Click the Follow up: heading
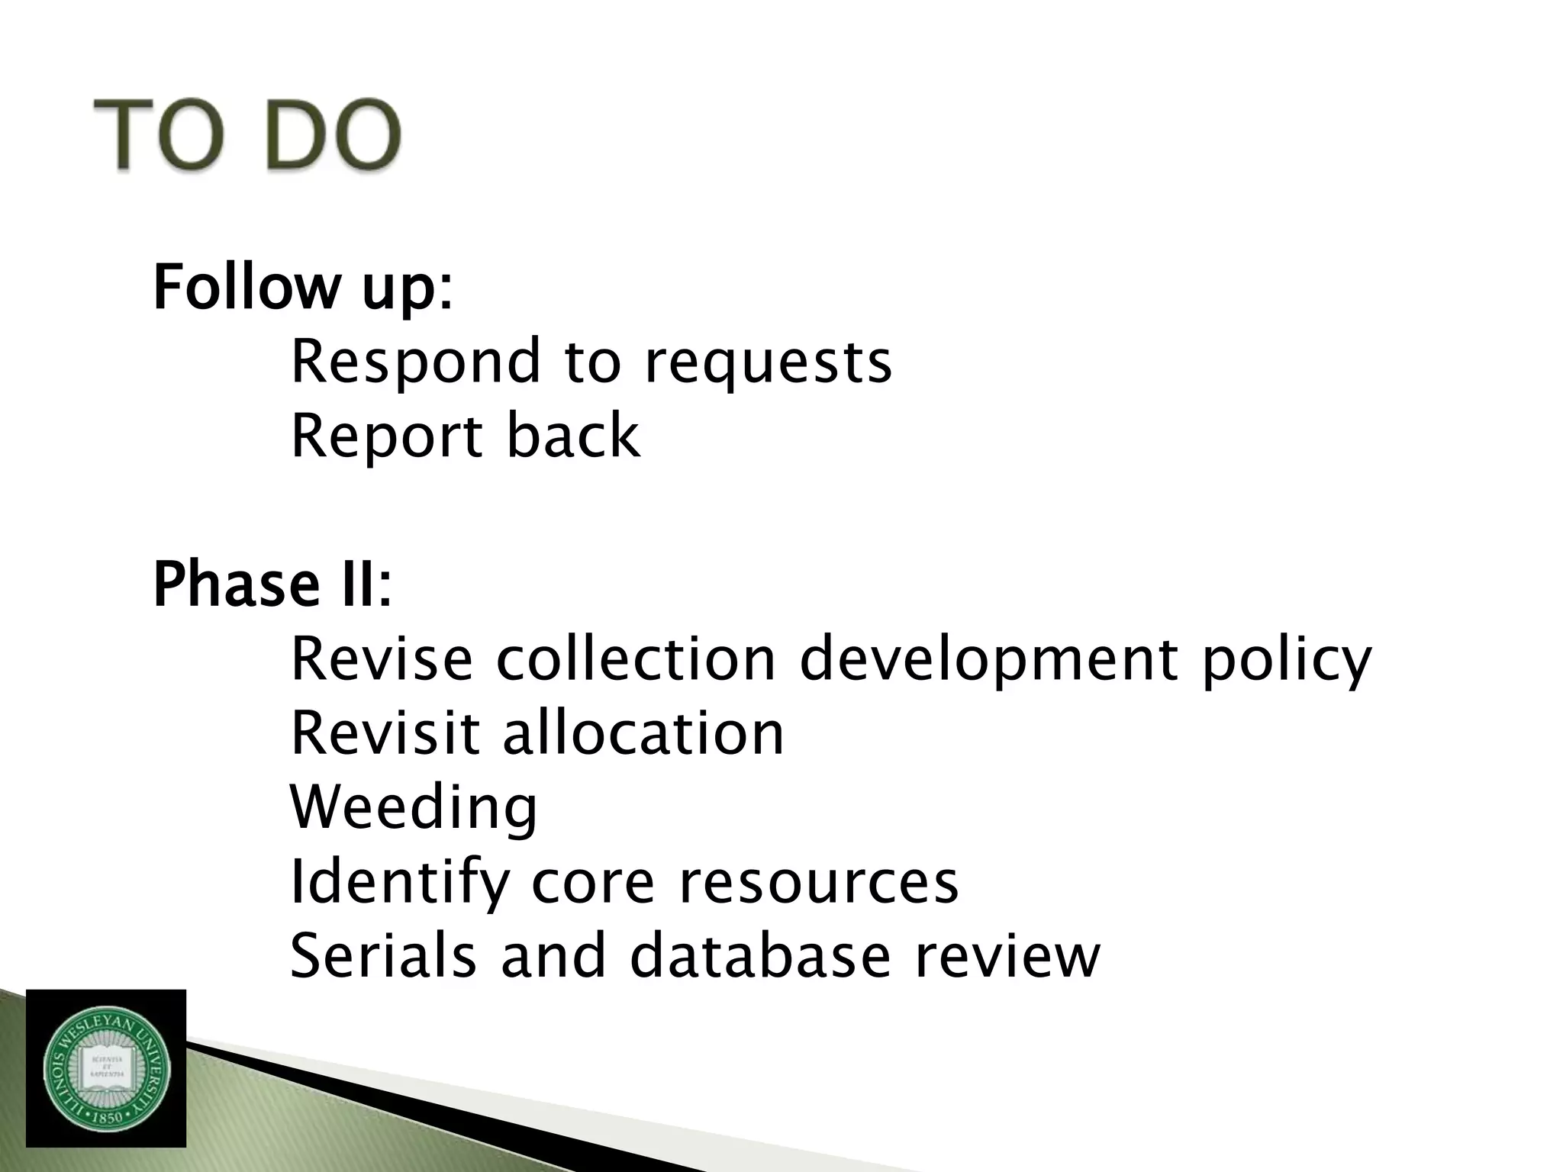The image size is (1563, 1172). point(302,288)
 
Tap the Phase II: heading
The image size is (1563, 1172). point(272,584)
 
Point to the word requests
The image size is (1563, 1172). point(768,362)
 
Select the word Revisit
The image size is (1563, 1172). point(385,732)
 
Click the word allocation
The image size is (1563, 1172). point(643,732)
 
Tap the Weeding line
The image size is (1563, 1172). point(414,807)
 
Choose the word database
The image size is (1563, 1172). point(760,955)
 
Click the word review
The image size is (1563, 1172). point(1007,957)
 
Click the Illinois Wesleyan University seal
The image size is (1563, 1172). point(106,1068)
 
